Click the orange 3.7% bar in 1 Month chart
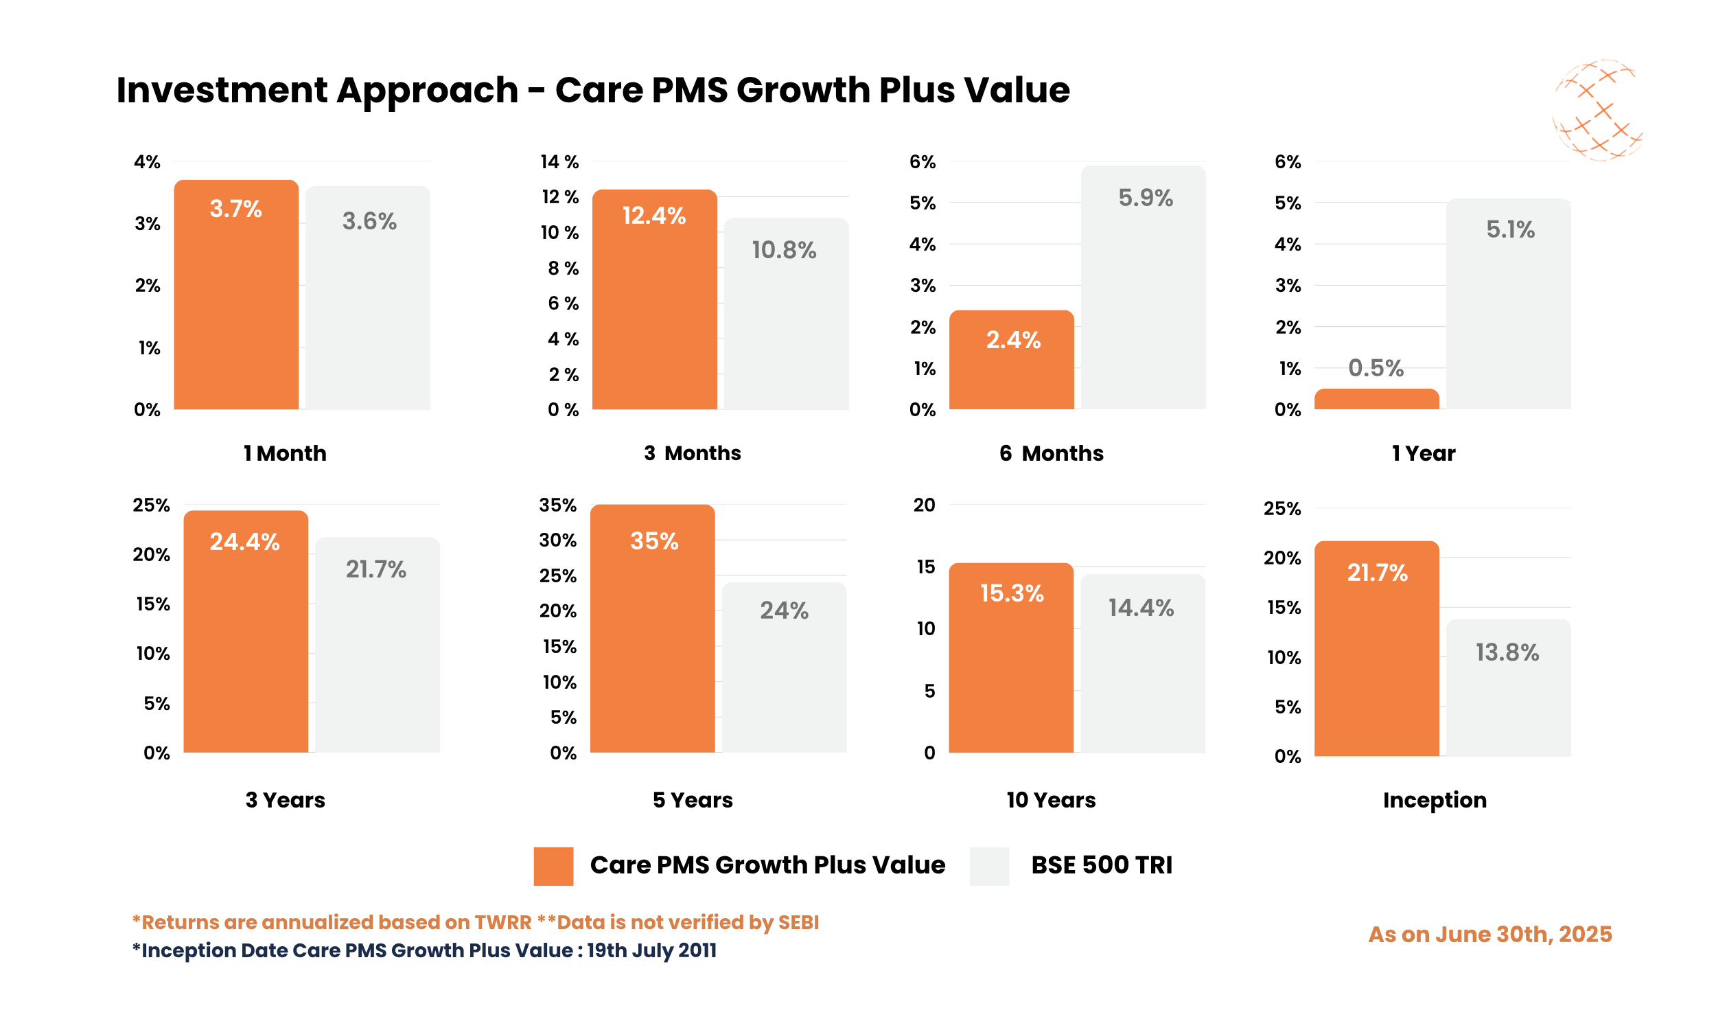[236, 306]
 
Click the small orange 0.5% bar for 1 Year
[1376, 399]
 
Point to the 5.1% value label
[1510, 229]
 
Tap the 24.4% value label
[244, 541]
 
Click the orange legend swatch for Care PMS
[553, 865]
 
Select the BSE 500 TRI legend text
[1101, 865]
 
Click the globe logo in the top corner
[1597, 110]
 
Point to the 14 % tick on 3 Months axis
[559, 162]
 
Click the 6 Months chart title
[1051, 453]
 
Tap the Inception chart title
[1435, 799]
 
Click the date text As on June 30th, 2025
[1489, 935]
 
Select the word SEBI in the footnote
[798, 922]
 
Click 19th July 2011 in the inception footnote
[651, 950]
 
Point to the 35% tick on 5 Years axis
[557, 505]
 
